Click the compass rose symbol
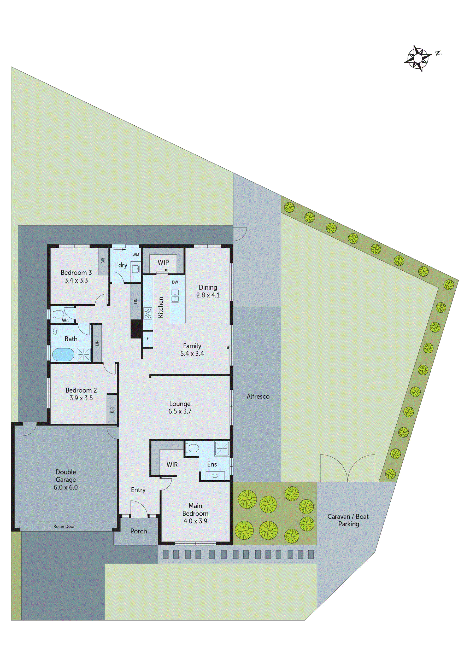tap(417, 58)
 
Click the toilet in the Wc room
tap(58, 314)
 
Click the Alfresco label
tap(258, 396)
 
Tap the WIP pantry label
tap(163, 262)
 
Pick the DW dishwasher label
tap(175, 282)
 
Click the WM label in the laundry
tap(136, 255)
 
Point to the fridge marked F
tap(148, 338)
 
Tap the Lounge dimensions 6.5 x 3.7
tap(180, 411)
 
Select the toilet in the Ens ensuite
tap(192, 448)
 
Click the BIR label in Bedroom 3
tap(103, 261)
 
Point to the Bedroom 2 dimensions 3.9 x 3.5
tap(81, 398)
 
